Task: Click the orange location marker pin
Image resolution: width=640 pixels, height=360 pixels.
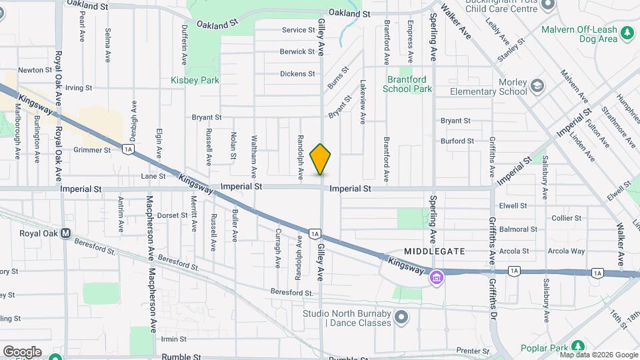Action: (321, 159)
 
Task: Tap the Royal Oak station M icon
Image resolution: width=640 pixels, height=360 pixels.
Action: (65, 233)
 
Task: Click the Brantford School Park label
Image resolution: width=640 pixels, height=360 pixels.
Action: (410, 83)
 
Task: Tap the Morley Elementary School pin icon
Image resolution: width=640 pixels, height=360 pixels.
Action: (537, 86)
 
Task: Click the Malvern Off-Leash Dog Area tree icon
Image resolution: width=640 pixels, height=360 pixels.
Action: (627, 33)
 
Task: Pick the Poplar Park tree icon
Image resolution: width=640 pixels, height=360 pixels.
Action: (577, 347)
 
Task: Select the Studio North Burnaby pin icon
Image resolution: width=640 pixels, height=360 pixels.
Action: (401, 318)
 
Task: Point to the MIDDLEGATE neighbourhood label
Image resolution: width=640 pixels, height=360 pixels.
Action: (434, 251)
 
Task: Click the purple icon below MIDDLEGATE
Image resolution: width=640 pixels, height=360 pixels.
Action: (436, 276)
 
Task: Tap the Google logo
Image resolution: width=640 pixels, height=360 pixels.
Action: (22, 351)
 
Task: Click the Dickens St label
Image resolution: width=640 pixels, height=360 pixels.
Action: (297, 74)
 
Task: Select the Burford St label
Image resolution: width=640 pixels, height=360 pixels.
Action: (457, 141)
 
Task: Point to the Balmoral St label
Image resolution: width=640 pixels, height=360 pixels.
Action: (518, 229)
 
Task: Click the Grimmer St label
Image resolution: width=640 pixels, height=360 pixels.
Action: (92, 150)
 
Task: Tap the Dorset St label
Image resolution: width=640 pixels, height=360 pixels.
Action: (172, 215)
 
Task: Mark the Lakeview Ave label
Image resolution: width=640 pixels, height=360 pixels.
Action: (363, 103)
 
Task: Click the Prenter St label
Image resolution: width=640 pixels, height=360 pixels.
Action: (473, 350)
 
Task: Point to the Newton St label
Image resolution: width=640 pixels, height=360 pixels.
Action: (35, 70)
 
